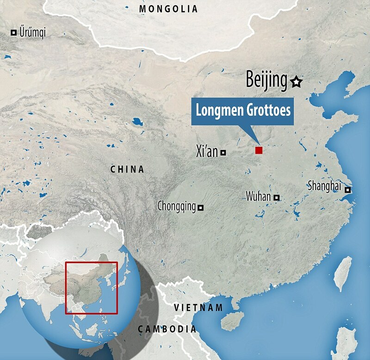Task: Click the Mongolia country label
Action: [x=168, y=9]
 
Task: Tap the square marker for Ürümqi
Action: [x=14, y=32]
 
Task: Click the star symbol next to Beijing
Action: [x=296, y=82]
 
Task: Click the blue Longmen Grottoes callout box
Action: [x=243, y=112]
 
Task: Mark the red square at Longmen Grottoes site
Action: [x=259, y=150]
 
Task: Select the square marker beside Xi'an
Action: [x=223, y=152]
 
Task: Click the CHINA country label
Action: [x=127, y=170]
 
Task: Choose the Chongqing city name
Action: [x=176, y=206]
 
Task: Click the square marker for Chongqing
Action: [x=200, y=208]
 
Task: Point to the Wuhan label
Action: [x=259, y=197]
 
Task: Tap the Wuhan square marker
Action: [x=277, y=198]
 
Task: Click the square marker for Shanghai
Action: [x=347, y=190]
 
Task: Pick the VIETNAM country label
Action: [x=198, y=307]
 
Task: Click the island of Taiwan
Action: [x=343, y=273]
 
